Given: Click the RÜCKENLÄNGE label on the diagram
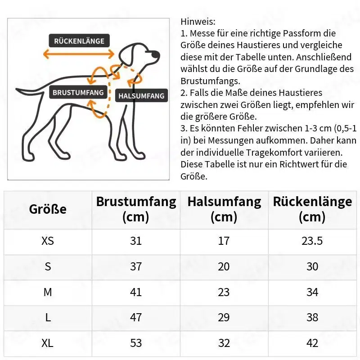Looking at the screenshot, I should tap(79, 41).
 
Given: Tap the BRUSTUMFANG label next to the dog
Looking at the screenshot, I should tap(78, 93).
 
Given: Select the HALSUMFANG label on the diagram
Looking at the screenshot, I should tap(141, 96).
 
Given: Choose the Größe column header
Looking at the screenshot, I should tap(48, 209).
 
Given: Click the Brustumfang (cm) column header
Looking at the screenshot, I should tap(136, 209).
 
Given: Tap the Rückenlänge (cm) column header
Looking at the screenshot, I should tap(312, 209).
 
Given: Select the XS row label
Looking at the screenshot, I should tap(48, 241).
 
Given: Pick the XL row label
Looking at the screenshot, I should tap(48, 343).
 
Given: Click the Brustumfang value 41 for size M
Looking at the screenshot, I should tap(136, 292).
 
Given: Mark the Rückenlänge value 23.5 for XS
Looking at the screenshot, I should tap(312, 241).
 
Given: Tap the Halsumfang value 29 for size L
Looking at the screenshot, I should tap(224, 318).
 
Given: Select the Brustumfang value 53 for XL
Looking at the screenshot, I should tap(136, 343).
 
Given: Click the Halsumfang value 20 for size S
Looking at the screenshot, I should tap(224, 266).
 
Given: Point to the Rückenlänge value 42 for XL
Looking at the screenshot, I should tap(312, 343).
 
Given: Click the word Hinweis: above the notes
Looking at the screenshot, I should tap(198, 21).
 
